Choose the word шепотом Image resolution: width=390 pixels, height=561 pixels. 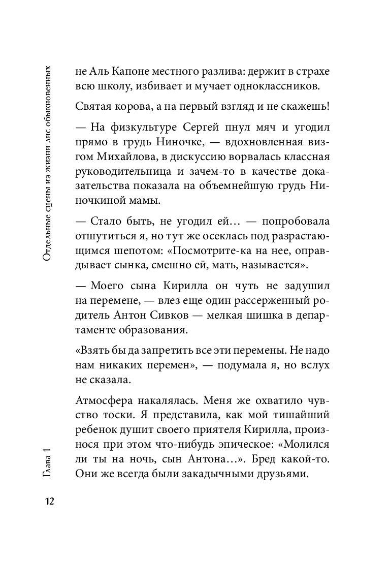(136, 251)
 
